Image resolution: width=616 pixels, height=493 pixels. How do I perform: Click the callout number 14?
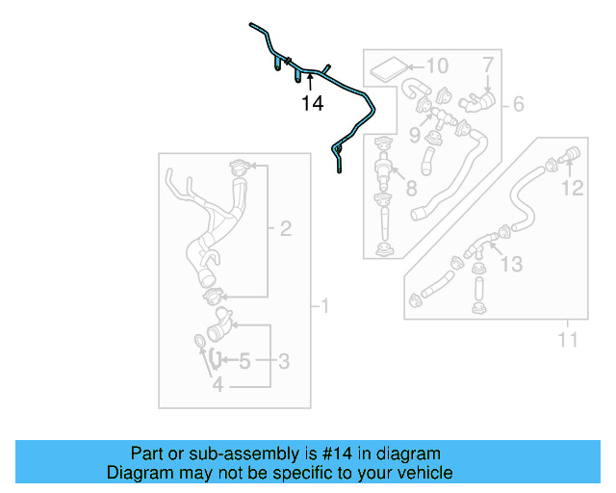tap(312, 104)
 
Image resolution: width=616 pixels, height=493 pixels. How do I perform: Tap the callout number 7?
tap(488, 65)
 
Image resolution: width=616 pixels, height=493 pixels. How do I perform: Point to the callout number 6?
tap(518, 104)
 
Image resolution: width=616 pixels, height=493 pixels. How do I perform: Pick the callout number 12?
tap(573, 188)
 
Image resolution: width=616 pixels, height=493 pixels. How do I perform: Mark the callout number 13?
tap(511, 263)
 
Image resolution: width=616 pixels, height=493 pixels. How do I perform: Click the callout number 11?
tap(568, 339)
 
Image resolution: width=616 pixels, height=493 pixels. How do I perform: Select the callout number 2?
tap(285, 229)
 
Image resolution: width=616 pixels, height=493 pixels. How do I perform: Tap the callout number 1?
tap(324, 307)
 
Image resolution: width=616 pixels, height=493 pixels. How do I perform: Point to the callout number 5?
tap(244, 362)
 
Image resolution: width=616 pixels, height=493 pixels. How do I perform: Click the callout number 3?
tap(284, 362)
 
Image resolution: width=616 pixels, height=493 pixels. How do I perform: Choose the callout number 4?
tap(218, 385)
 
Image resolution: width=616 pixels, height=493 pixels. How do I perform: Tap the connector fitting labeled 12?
tap(566, 153)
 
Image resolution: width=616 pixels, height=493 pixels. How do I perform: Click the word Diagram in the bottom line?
tap(137, 473)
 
